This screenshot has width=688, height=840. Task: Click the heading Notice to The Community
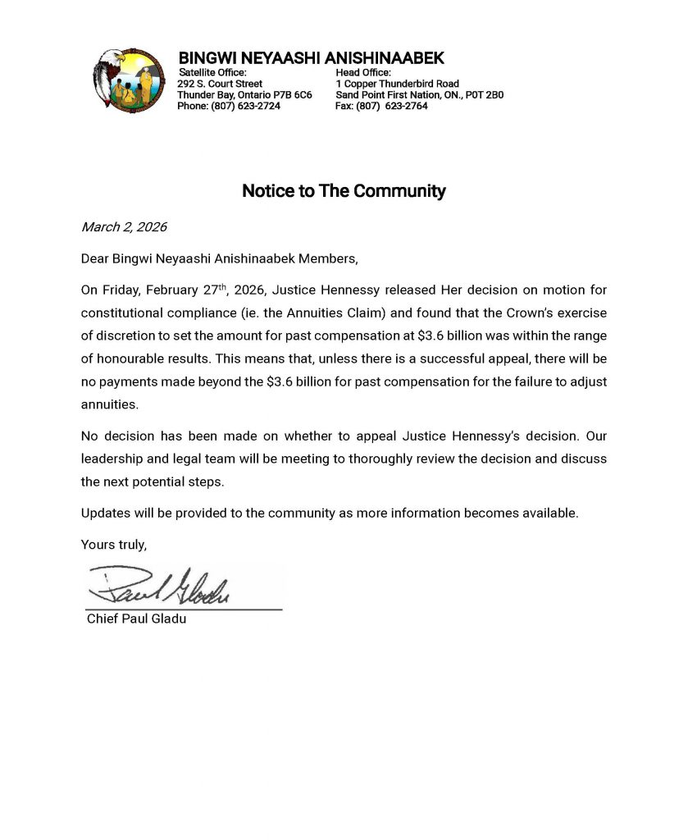tap(344, 191)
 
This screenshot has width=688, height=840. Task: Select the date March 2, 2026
tap(124, 227)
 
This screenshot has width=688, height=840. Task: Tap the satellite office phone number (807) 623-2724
tap(245, 106)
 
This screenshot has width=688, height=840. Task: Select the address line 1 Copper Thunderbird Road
tap(397, 84)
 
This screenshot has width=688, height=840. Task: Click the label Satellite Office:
tap(212, 73)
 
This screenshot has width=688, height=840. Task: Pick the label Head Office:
tap(363, 73)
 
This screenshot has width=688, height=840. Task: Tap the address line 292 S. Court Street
tap(220, 84)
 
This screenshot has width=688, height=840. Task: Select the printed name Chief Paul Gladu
tap(136, 619)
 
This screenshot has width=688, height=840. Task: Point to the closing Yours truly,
tap(114, 544)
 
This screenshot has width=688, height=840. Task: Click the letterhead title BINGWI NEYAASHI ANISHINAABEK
tap(311, 58)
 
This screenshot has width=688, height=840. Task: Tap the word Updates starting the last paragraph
tap(103, 514)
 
